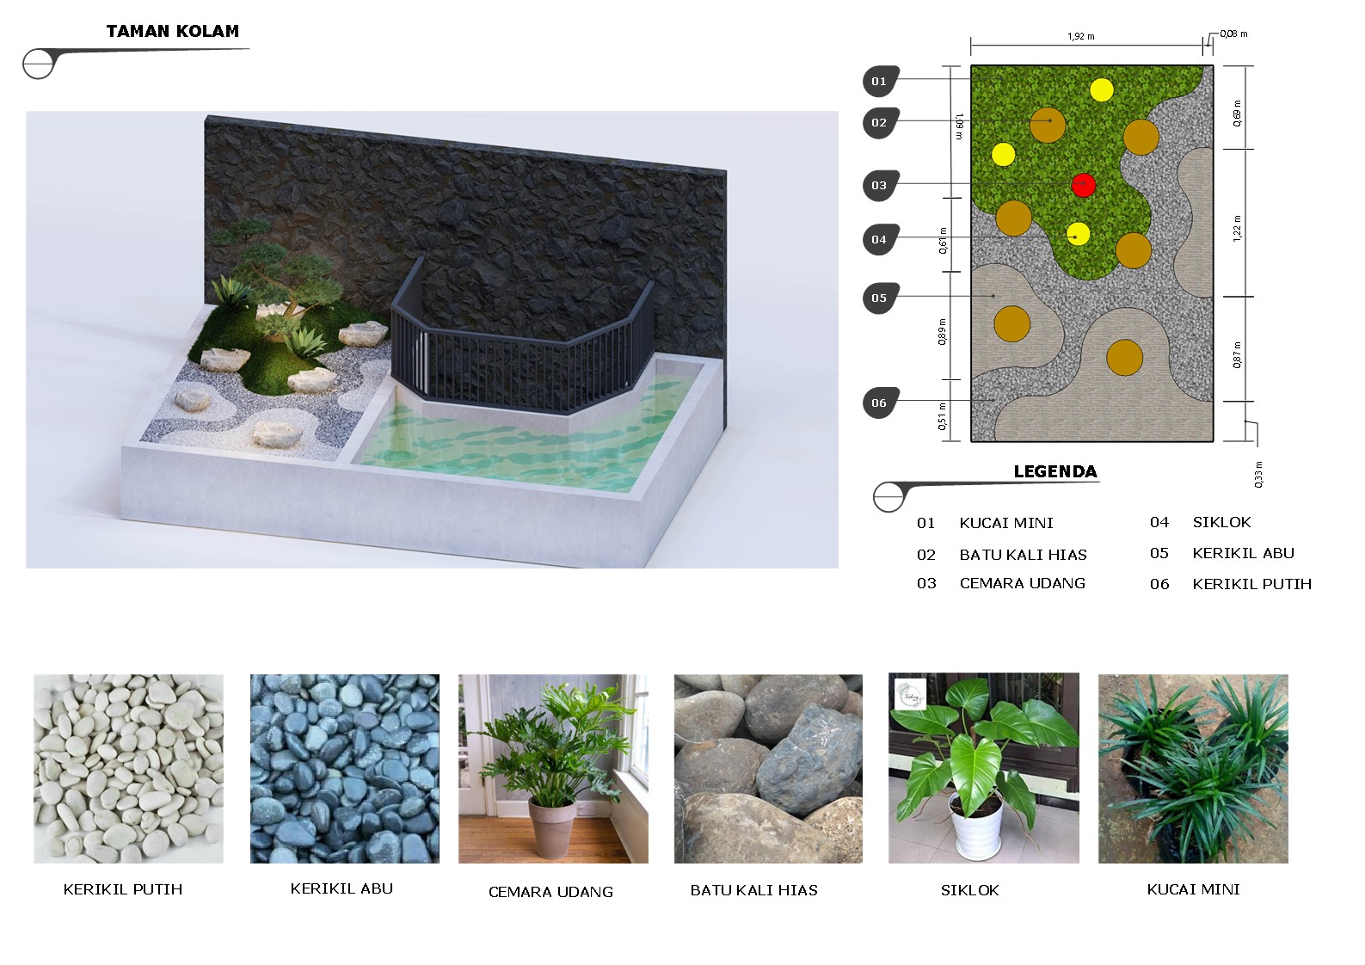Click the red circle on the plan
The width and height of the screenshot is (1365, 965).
point(1083,185)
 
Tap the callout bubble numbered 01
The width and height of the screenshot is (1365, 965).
point(880,81)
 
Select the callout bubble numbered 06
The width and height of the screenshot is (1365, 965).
point(880,403)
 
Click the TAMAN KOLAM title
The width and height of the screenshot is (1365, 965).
point(173,31)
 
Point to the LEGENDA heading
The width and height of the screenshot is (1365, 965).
point(1054,471)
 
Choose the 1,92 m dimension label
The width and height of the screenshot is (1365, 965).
point(1080,36)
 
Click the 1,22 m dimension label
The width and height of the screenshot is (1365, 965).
point(1237,229)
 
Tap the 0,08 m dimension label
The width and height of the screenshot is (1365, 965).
point(1233,34)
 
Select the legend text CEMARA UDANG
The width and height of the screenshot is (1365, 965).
point(1022,583)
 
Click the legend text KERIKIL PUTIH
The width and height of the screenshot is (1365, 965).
point(1251,584)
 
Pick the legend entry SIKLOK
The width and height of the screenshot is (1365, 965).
point(1221,522)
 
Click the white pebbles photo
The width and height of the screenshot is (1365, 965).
point(128,768)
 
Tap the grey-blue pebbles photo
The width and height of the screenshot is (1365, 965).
point(344,768)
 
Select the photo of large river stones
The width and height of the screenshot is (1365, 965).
point(768,768)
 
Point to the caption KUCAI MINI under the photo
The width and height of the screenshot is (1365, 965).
point(1193,888)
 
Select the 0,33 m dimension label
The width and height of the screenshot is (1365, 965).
point(1258,475)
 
